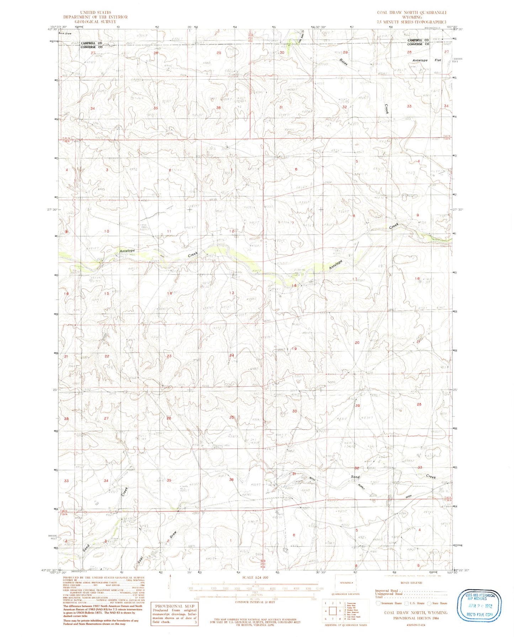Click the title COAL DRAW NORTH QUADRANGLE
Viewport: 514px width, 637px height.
point(412,12)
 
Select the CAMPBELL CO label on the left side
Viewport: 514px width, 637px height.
point(91,43)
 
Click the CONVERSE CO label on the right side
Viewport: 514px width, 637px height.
point(418,44)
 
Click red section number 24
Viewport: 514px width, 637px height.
point(232,356)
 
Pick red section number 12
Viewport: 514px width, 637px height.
point(232,231)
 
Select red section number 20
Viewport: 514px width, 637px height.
point(357,343)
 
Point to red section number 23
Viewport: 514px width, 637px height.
point(169,356)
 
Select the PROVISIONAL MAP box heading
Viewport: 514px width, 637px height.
point(174,606)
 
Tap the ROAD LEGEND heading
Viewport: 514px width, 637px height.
point(411,583)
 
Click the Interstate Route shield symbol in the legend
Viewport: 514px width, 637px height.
point(378,603)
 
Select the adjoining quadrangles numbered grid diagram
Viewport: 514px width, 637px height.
point(333,611)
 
